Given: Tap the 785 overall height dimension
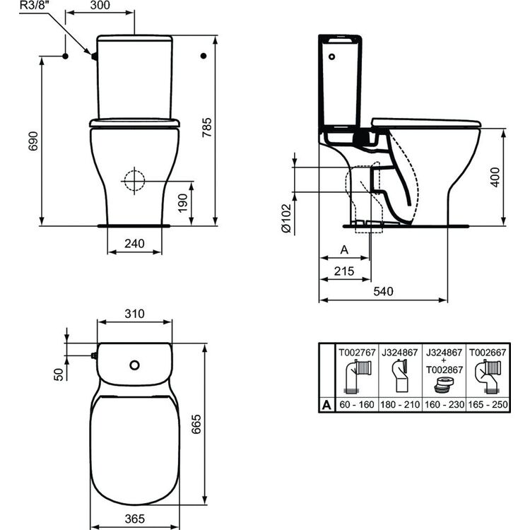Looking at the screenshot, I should coord(226,131).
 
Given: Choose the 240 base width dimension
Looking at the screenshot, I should coord(134,244).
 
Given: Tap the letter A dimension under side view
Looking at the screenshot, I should coord(344,249).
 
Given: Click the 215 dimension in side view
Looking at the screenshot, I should coord(343,270).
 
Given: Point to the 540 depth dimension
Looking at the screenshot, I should coord(383,291).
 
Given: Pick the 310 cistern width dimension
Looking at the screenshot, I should coord(134,313).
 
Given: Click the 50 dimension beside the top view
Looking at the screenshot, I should coord(59,374).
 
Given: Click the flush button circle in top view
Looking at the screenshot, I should coord(134,365).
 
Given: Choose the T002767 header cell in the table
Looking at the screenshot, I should coord(357,350).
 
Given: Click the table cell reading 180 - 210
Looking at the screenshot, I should coord(400,404).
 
